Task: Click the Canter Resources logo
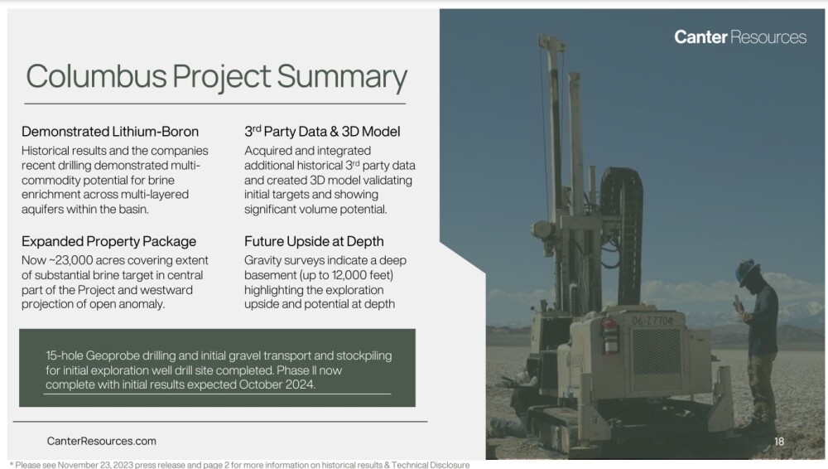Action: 739,37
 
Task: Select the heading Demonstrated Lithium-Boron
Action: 110,132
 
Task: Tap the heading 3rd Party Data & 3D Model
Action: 322,131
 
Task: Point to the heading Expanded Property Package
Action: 108,242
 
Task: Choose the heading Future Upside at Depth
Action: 314,241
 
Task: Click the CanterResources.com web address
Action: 101,441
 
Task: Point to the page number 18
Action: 779,441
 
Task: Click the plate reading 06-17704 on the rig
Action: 652,321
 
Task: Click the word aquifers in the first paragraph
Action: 43,210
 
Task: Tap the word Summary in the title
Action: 342,77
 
